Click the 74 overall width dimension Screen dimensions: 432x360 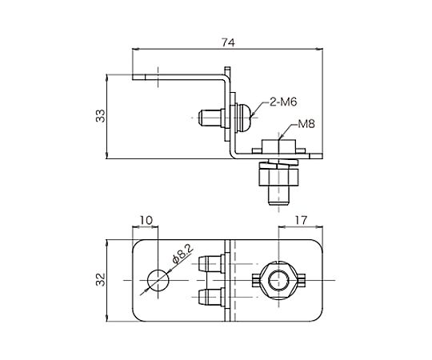(228, 42)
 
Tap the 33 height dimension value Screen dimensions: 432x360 (101, 116)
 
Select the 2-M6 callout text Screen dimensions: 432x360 (283, 102)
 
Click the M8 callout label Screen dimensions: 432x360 (306, 124)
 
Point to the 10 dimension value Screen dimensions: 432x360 (146, 220)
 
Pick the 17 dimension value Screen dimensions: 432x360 (301, 220)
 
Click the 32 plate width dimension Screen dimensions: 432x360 (101, 280)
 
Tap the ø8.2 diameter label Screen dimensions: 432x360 (182, 254)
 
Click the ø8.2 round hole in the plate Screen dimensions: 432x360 (158, 280)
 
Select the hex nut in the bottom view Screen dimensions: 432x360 (279, 280)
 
